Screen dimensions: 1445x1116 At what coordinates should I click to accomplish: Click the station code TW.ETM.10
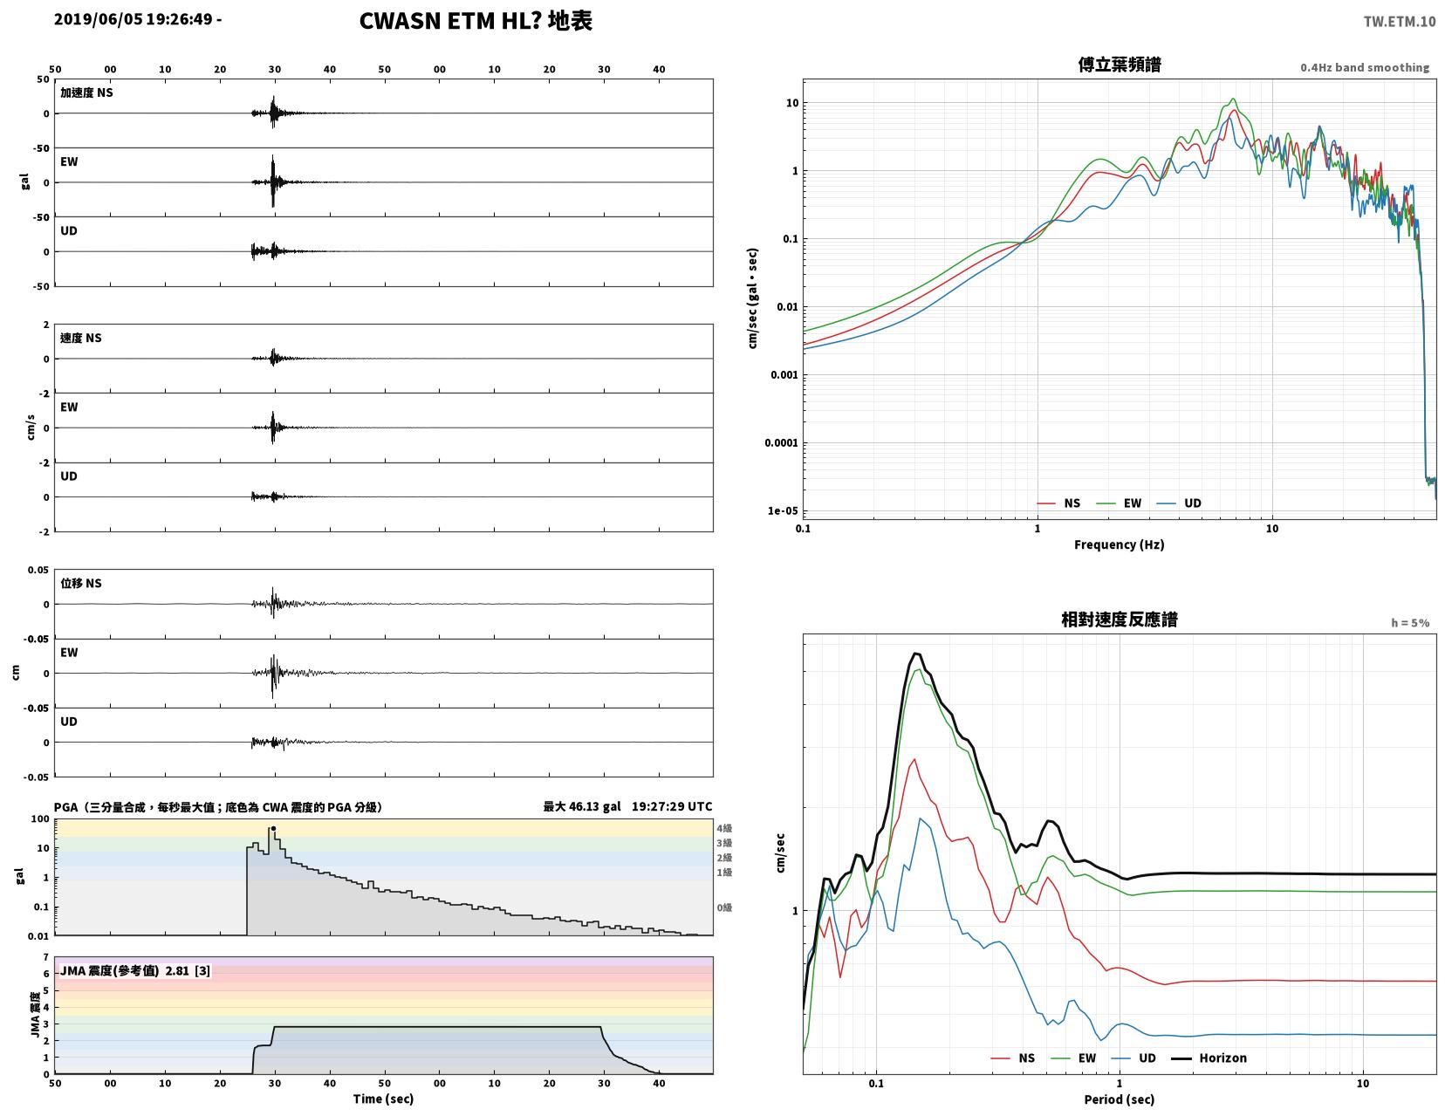(1399, 21)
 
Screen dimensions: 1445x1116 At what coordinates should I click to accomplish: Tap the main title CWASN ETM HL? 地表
(476, 21)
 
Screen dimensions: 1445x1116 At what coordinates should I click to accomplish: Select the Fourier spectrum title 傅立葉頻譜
(1120, 65)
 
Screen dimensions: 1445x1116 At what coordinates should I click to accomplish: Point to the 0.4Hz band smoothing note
(1365, 67)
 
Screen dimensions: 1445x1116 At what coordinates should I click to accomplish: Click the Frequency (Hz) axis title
(1120, 544)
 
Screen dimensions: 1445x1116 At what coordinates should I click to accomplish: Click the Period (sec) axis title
(1120, 1099)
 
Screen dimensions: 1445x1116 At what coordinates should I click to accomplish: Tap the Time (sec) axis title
(383, 1099)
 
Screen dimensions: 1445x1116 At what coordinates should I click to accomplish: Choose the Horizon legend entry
(1209, 1058)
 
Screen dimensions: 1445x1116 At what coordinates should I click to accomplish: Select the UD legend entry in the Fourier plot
(1179, 503)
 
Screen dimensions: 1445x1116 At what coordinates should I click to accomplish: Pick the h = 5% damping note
(1410, 623)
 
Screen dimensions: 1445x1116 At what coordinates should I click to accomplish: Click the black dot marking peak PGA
(273, 828)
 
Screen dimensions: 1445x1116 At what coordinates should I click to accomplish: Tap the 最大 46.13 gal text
(582, 806)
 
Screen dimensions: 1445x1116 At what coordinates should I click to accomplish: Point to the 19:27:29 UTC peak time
(672, 806)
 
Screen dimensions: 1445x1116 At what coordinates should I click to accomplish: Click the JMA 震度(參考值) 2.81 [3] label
(135, 970)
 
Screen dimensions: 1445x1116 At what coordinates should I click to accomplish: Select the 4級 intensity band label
(724, 828)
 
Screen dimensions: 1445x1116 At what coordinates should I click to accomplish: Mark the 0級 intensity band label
(724, 907)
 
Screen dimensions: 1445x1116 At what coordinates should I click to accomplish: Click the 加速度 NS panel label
(86, 92)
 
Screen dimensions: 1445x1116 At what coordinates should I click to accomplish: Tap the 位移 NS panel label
(81, 583)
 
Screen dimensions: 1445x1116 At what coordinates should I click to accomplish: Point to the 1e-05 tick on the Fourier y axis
(782, 510)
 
